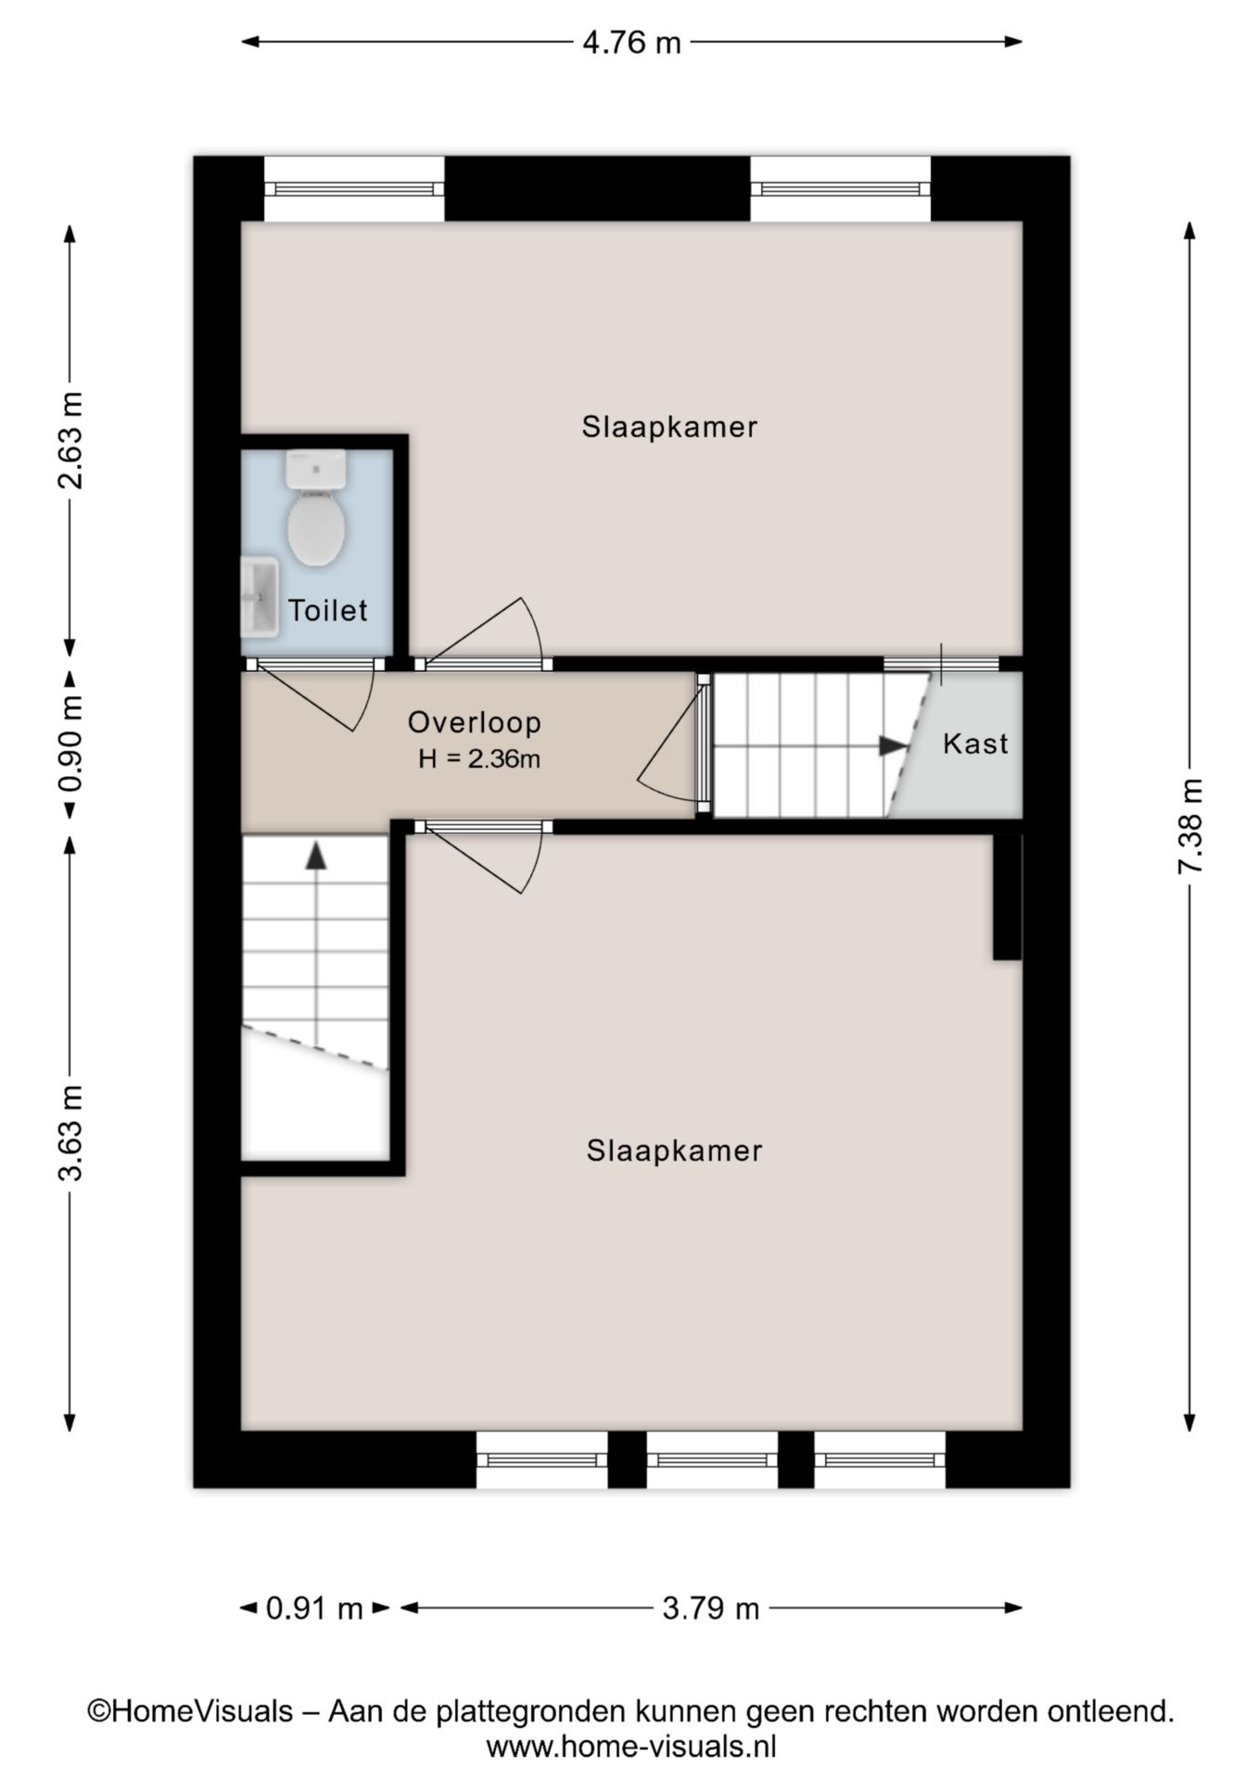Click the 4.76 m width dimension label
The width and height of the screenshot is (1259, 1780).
tap(631, 43)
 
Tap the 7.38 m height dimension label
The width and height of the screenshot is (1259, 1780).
tap(1189, 826)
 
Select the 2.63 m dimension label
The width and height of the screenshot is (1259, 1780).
tap(70, 439)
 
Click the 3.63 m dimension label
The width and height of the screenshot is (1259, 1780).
tap(70, 1132)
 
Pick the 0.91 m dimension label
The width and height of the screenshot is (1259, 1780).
tap(314, 1608)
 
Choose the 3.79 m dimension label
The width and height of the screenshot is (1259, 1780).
tap(710, 1608)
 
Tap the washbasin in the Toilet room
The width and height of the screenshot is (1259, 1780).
tap(260, 597)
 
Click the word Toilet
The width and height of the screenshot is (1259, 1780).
tap(327, 610)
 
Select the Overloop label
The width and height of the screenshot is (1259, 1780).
tap(474, 722)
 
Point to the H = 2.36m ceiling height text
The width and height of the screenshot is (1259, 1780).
tap(478, 759)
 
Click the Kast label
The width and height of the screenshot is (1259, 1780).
tap(975, 744)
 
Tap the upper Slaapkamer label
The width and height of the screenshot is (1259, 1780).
tap(669, 426)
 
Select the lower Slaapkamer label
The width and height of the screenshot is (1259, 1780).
tap(674, 1151)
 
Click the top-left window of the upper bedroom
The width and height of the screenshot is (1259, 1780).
tap(354, 189)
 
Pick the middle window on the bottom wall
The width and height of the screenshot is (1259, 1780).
tap(712, 1459)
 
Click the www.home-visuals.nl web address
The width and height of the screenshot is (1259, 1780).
tap(631, 1748)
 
